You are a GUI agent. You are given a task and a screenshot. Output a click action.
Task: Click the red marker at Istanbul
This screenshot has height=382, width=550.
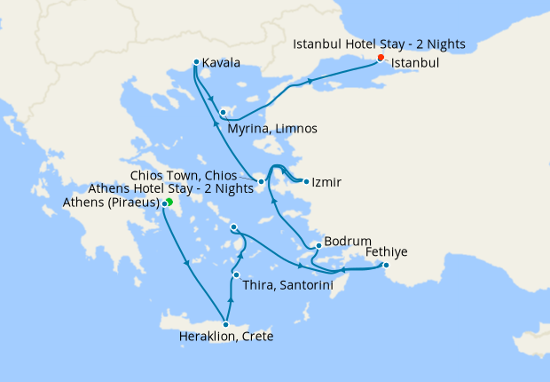pos(381,58)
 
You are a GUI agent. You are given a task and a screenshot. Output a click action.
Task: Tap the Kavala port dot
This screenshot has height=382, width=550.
pos(196,62)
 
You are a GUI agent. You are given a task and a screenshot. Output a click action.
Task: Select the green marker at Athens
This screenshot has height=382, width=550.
pos(169,203)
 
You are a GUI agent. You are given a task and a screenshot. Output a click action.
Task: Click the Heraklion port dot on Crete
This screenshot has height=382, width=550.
pos(226,324)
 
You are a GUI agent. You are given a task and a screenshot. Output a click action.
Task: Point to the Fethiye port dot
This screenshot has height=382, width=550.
pos(386,265)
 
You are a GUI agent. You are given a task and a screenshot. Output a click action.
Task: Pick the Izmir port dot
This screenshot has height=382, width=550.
pos(306,182)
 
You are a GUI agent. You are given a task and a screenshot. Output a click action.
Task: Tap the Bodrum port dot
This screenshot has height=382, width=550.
pos(318,246)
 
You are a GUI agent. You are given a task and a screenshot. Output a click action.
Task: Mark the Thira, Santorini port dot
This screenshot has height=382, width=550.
pos(235,275)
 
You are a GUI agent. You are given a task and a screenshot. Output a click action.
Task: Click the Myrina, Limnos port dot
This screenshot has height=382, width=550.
pos(224,113)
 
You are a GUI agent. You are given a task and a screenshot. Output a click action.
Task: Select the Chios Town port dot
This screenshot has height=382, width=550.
pos(261,182)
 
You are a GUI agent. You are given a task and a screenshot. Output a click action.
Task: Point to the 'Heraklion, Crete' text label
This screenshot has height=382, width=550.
pos(225,338)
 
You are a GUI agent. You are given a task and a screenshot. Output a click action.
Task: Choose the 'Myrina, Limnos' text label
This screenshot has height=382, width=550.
pos(271,129)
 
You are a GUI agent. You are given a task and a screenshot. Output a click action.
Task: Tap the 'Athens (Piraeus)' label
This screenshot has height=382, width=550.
pos(111,203)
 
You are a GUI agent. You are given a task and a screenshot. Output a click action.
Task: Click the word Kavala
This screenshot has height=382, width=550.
pos(221,63)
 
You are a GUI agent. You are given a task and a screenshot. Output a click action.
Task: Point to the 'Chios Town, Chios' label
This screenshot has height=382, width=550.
pos(195,174)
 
